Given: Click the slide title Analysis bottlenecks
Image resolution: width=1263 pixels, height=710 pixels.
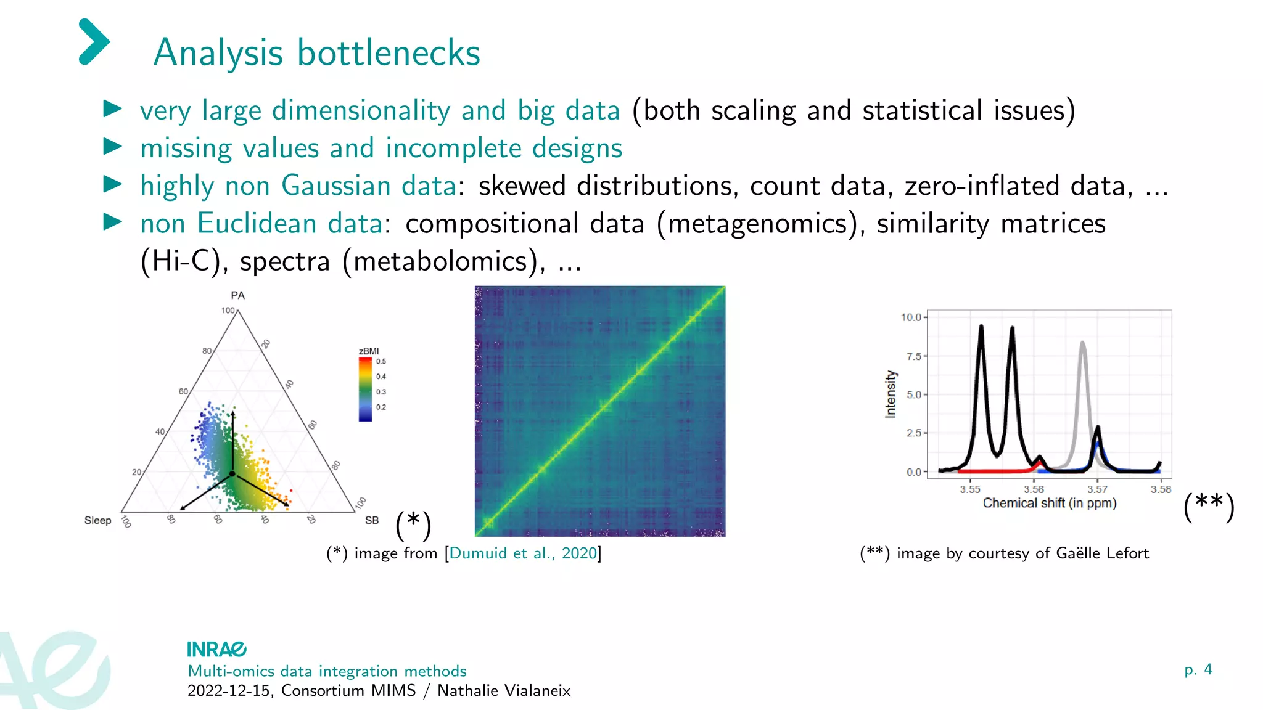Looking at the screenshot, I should pyautogui.click(x=316, y=53).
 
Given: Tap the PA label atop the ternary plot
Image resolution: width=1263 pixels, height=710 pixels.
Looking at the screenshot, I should pyautogui.click(x=237, y=295).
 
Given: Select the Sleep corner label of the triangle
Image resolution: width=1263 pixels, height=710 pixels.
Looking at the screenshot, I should pyautogui.click(x=97, y=520).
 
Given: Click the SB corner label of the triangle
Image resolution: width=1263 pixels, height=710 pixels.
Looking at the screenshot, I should pyautogui.click(x=372, y=520).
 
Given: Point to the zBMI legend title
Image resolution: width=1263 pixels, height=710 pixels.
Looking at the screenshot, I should pyautogui.click(x=369, y=351).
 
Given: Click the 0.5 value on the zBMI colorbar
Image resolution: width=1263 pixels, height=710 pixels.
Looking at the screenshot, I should pyautogui.click(x=381, y=362).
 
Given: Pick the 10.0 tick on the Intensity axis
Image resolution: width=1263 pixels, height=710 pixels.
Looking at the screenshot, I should pyautogui.click(x=910, y=317).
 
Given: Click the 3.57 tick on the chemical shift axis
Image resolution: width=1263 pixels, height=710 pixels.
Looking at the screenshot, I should pyautogui.click(x=1097, y=489).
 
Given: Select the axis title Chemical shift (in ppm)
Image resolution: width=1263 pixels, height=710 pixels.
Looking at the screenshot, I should pyautogui.click(x=1049, y=503).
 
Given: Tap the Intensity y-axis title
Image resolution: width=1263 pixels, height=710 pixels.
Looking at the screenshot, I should pyautogui.click(x=890, y=394).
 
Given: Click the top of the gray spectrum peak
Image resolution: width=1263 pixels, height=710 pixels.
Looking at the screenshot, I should pyautogui.click(x=1082, y=344).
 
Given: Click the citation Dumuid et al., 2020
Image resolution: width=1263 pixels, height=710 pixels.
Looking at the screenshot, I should pyautogui.click(x=523, y=553).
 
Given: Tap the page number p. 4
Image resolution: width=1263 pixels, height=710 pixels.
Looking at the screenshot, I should pyautogui.click(x=1198, y=669).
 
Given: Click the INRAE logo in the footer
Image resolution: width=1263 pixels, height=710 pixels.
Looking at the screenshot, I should pyautogui.click(x=216, y=649).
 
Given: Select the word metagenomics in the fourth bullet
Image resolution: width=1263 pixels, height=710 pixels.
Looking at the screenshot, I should pyautogui.click(x=758, y=224).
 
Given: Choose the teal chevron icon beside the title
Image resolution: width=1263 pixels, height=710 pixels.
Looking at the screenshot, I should pyautogui.click(x=94, y=42).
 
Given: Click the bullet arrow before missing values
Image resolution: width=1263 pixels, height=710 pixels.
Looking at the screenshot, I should pyautogui.click(x=112, y=147).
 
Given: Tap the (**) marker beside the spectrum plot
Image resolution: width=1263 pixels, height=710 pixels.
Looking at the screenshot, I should pyautogui.click(x=1209, y=507).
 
